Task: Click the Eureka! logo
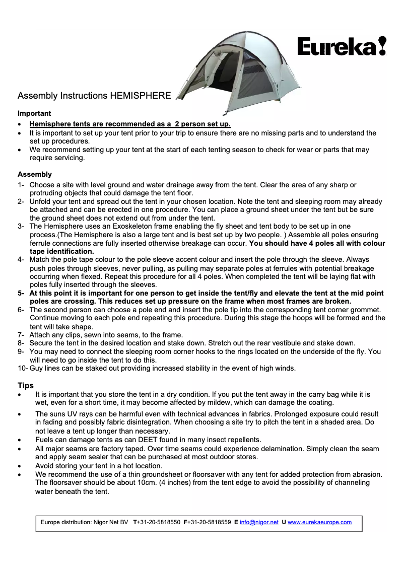pos(342,47)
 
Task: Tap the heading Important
pos(34,113)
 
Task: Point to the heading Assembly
pos(35,174)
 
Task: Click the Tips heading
pos(26,386)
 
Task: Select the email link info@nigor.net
pos(259,522)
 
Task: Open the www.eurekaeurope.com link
pos(319,522)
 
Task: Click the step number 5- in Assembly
pos(21,293)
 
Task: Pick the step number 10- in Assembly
pos(23,368)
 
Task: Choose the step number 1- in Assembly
pos(21,185)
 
